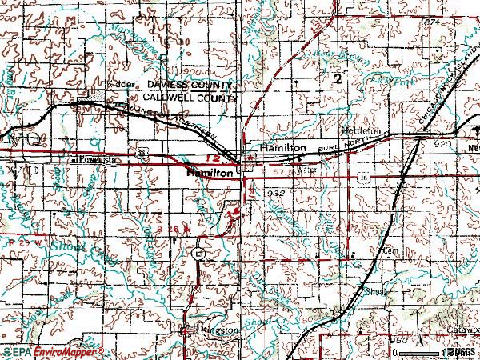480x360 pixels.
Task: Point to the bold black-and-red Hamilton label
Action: pyautogui.click(x=210, y=173)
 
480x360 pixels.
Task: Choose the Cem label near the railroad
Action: pyautogui.click(x=390, y=249)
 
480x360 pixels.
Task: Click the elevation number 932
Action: pyautogui.click(x=277, y=194)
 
